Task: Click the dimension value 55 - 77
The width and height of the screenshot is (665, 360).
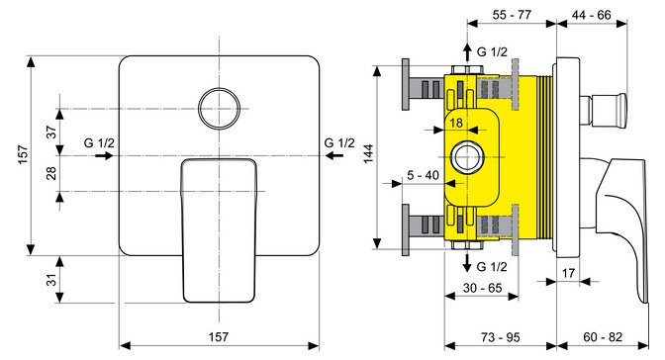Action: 512,15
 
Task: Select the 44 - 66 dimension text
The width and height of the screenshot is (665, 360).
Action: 592,15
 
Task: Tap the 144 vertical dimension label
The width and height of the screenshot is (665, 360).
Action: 369,154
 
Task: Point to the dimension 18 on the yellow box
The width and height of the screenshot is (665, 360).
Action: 456,123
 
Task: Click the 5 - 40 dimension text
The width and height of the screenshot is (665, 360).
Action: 423,175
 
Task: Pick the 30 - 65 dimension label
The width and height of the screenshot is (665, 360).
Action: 483,288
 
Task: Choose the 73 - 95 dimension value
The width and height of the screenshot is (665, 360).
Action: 501,337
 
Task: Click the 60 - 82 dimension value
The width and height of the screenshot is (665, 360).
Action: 603,337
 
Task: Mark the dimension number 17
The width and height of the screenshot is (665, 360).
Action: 568,273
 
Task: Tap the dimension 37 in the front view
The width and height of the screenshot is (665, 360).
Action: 51,132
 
